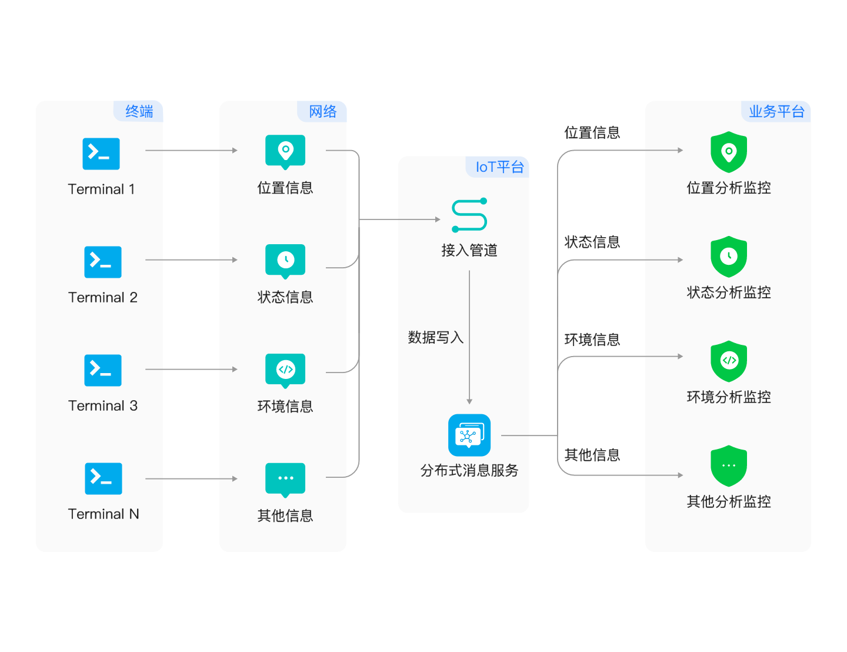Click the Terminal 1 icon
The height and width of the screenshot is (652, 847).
click(x=101, y=154)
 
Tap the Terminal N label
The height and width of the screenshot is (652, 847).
click(x=104, y=514)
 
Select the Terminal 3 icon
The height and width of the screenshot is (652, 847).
click(x=103, y=370)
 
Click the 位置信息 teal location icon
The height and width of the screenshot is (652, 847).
click(x=285, y=151)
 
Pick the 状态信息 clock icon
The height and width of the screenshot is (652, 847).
click(x=285, y=260)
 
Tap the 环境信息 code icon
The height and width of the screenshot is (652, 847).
click(x=285, y=370)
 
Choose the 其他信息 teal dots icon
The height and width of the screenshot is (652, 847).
click(x=285, y=478)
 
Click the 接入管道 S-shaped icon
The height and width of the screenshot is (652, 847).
click(x=469, y=215)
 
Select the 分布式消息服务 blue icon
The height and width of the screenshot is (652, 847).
click(x=469, y=435)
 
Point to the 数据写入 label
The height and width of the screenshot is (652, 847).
click(x=436, y=337)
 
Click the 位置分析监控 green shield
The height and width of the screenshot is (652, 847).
click(x=729, y=152)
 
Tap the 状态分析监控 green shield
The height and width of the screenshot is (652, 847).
click(x=729, y=257)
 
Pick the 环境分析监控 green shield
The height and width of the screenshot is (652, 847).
click(x=729, y=361)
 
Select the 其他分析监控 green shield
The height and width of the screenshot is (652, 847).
click(x=729, y=465)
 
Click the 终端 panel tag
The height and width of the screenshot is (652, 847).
click(x=139, y=111)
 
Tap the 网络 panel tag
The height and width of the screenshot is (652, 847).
click(x=322, y=111)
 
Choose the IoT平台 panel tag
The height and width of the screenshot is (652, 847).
click(x=499, y=167)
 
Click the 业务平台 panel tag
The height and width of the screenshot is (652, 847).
click(x=776, y=111)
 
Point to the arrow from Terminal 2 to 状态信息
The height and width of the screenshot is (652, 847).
click(x=191, y=260)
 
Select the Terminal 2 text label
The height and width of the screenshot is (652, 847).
click(x=103, y=297)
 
